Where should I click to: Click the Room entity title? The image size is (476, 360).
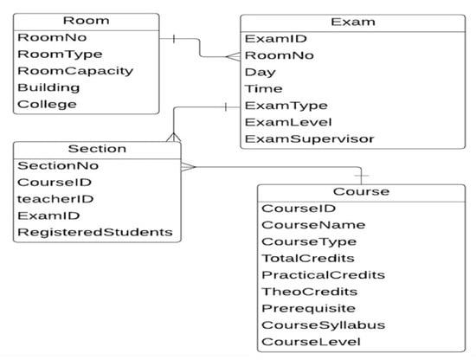click(x=87, y=21)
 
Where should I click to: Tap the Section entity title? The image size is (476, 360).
click(x=95, y=149)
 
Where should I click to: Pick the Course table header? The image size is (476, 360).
click(x=360, y=192)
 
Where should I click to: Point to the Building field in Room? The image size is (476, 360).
click(x=48, y=87)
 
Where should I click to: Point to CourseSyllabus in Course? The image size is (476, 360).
click(x=311, y=325)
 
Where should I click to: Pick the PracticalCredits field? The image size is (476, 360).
click(x=311, y=275)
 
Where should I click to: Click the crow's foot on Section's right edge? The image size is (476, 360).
click(x=187, y=165)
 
